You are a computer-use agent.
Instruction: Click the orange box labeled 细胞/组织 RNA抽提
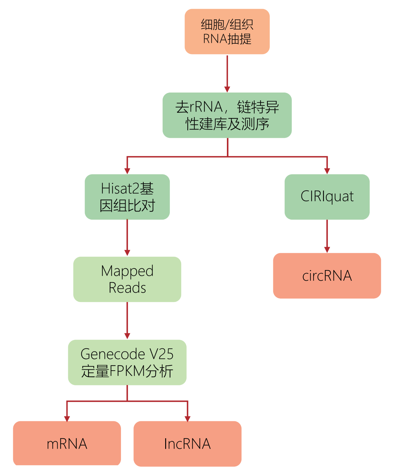pyautogui.click(x=227, y=32)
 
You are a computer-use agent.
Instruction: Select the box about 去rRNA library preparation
pyautogui.click(x=227, y=115)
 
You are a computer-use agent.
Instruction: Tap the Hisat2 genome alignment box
pyautogui.click(x=127, y=197)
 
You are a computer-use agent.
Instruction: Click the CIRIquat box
pyautogui.click(x=327, y=197)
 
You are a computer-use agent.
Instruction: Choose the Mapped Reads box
pyautogui.click(x=127, y=279)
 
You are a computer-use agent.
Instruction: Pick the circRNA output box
pyautogui.click(x=327, y=276)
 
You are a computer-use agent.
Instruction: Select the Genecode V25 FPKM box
pyautogui.click(x=127, y=362)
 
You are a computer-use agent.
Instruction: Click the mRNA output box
pyautogui.click(x=67, y=443)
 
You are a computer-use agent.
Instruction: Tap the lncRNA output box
pyautogui.click(x=187, y=443)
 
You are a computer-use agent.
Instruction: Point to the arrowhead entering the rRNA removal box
pyautogui.click(x=227, y=89)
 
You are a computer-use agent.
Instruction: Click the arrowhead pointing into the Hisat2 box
pyautogui.click(x=127, y=171)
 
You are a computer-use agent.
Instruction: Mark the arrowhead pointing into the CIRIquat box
pyautogui.click(x=327, y=171)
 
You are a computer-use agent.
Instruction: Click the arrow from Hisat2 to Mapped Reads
pyautogui.click(x=127, y=237)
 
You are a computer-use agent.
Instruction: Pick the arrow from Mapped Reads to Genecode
pyautogui.click(x=127, y=320)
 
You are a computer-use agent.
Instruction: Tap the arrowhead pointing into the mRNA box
pyautogui.click(x=67, y=419)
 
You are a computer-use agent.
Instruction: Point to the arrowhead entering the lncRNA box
pyautogui.click(x=187, y=419)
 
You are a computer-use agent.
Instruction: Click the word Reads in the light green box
pyautogui.click(x=127, y=288)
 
